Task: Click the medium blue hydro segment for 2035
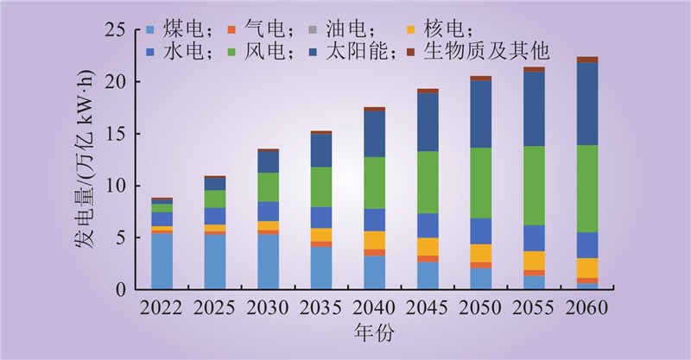coord(321,218)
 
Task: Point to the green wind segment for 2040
coord(374,183)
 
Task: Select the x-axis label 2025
coord(215,309)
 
